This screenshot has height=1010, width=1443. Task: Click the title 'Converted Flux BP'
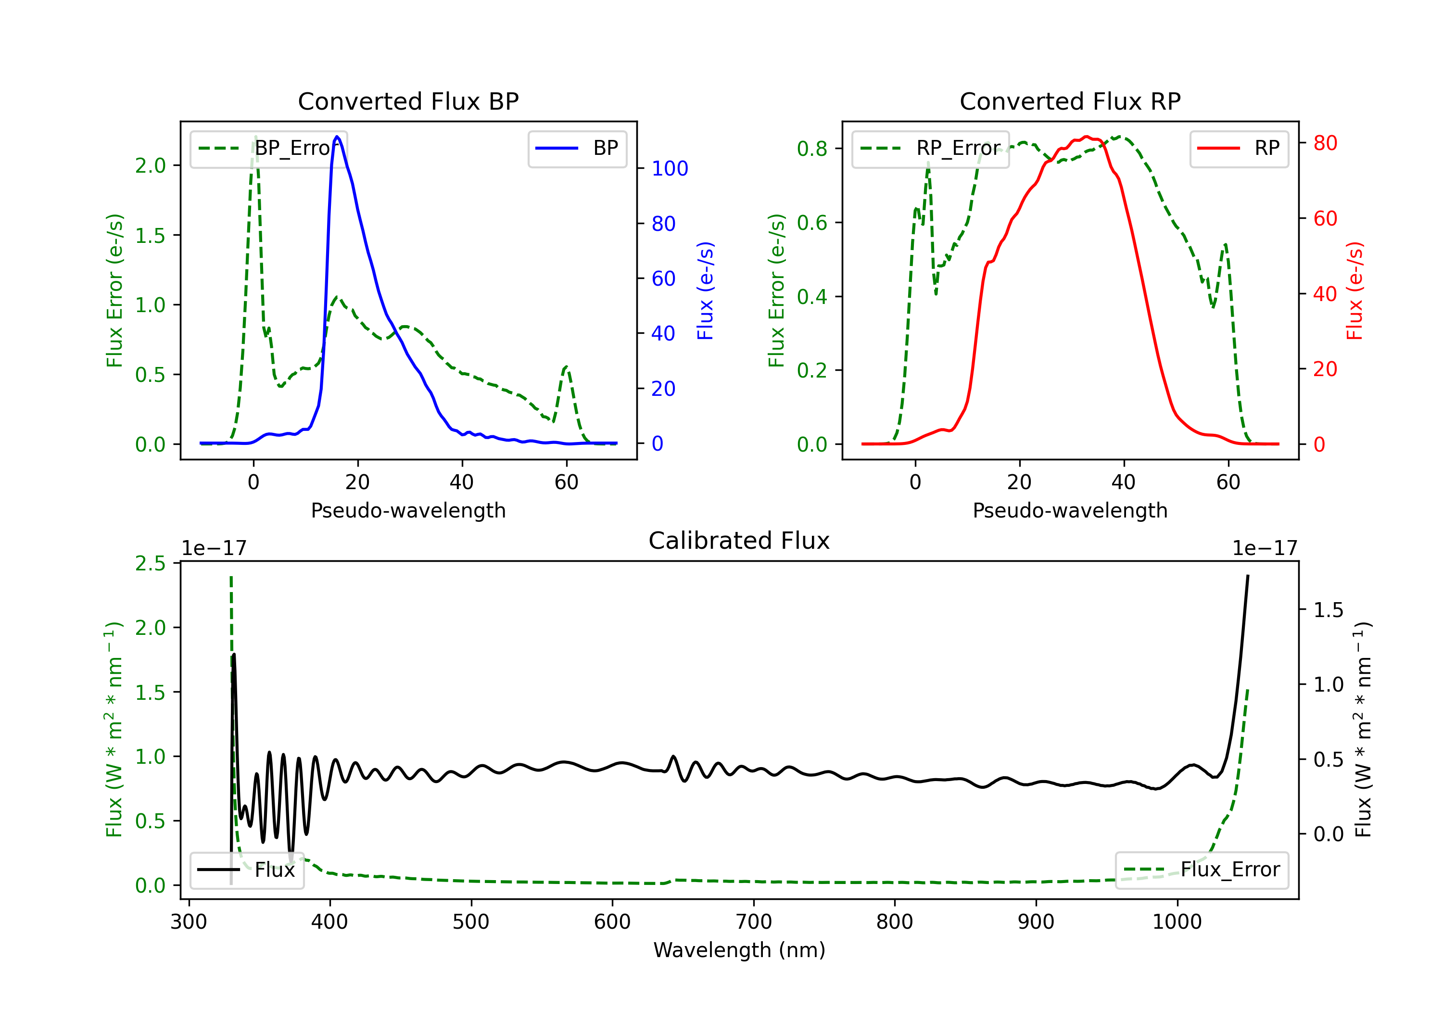408,101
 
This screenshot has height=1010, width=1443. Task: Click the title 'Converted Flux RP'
1070,101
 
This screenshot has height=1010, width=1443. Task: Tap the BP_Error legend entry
269,148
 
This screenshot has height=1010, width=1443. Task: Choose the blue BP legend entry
577,148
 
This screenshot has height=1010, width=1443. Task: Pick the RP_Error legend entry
930,148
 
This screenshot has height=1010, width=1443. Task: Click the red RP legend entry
1239,148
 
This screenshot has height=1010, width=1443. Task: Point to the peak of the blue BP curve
338,137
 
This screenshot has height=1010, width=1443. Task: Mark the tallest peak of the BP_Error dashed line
255,137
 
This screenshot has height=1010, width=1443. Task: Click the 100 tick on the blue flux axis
670,168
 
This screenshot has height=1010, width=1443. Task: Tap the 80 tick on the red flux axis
1325,143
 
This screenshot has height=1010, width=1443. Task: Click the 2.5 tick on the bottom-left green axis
150,563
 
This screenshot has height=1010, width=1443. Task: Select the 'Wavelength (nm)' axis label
739,950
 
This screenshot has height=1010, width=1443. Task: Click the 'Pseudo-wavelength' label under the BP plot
408,510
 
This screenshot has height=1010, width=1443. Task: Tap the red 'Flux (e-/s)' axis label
1354,290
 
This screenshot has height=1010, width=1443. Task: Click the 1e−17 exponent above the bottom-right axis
1265,548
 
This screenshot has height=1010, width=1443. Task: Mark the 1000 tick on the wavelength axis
1177,922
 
